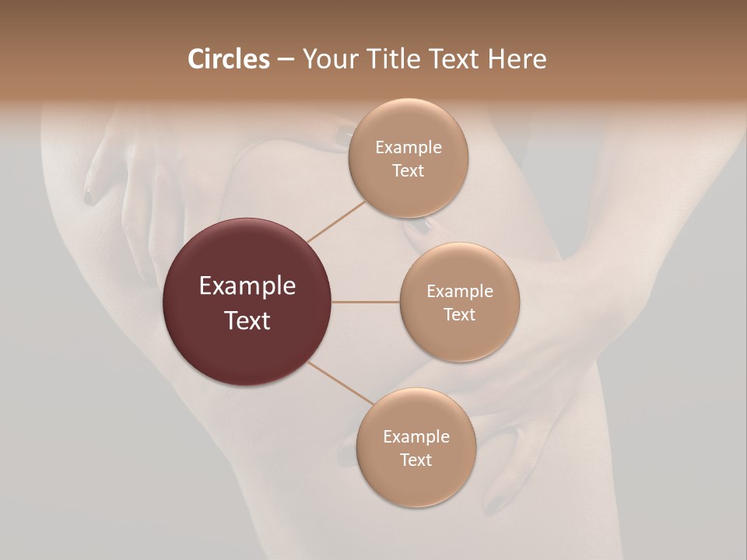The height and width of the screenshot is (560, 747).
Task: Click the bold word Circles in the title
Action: (229, 59)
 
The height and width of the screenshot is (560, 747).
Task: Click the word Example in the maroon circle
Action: (247, 286)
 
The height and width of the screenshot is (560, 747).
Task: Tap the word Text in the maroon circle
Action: (247, 320)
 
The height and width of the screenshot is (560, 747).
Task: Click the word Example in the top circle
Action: (409, 148)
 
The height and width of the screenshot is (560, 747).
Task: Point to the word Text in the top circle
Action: (409, 170)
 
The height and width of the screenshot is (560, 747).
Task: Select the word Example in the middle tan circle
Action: (460, 292)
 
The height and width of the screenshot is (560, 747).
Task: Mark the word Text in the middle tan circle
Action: (460, 314)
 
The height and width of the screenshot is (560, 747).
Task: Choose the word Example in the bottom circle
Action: (416, 437)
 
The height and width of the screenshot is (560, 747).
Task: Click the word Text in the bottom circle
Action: (416, 460)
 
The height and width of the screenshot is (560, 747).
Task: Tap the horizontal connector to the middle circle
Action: (366, 302)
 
